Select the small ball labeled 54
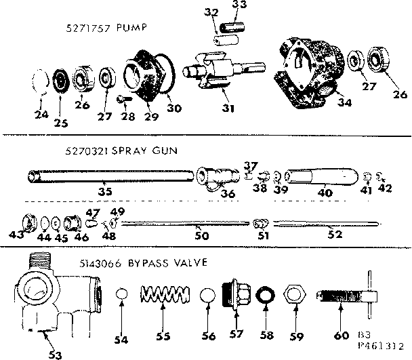[123, 297]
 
